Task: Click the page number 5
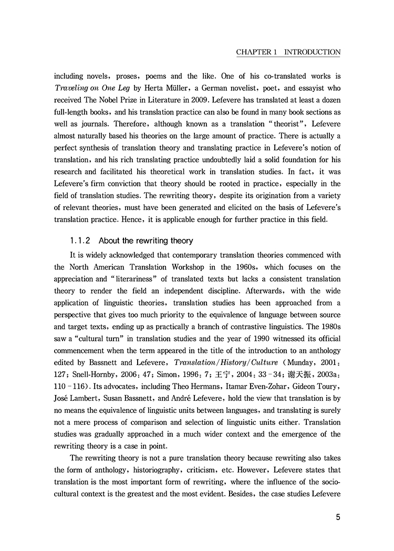pos(338,517)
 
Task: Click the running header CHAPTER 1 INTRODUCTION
pos(288,53)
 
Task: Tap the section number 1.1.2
pos(80,241)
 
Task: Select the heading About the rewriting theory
pos(146,241)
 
